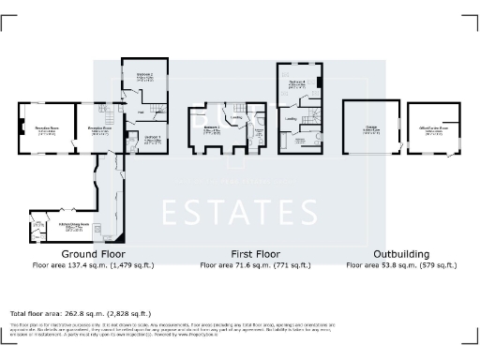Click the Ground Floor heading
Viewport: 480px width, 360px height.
pos(94,254)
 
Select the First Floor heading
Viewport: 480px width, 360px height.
pos(255,254)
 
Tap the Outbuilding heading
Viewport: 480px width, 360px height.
pos(402,254)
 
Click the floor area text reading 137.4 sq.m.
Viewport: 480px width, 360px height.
pos(94,265)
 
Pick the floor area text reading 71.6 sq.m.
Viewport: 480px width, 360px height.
pos(255,265)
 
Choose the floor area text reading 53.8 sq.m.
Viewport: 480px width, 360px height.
pos(402,265)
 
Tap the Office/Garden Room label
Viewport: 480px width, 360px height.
pos(434,130)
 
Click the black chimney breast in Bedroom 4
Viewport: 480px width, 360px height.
pos(320,82)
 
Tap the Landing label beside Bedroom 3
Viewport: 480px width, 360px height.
pos(238,117)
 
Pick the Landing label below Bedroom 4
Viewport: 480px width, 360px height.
pos(292,119)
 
